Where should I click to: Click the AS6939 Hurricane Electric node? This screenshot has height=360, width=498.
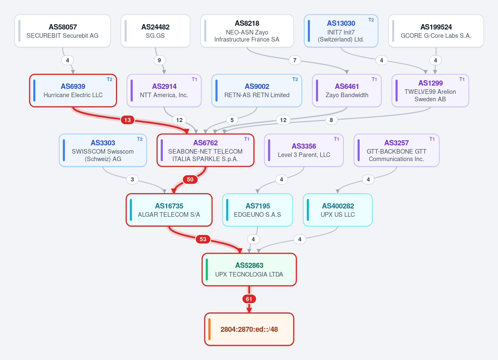click(73, 91)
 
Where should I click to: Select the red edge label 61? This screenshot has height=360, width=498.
click(249, 299)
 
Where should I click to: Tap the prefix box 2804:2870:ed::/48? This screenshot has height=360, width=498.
click(249, 329)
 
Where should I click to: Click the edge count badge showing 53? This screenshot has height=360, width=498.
click(203, 239)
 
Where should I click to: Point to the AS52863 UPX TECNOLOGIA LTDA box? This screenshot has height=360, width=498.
click(249, 269)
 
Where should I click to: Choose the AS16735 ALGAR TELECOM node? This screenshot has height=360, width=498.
click(169, 210)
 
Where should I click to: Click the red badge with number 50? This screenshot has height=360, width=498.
click(190, 179)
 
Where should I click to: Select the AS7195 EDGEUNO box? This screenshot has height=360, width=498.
click(258, 210)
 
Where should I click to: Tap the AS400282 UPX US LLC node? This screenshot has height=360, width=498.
click(338, 210)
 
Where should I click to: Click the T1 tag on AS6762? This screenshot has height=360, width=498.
click(247, 139)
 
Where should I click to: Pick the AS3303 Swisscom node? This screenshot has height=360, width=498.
click(103, 150)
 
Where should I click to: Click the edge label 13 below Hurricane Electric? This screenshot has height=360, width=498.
click(128, 120)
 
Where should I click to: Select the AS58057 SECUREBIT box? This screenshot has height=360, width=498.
click(63, 31)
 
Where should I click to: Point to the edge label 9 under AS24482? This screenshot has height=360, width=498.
click(159, 60)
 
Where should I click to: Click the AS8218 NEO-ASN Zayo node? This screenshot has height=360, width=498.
click(247, 31)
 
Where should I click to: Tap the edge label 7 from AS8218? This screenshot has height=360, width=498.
click(295, 60)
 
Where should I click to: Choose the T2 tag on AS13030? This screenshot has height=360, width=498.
click(371, 20)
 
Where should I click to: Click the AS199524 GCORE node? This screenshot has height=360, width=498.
click(436, 31)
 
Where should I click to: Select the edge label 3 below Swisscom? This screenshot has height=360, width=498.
click(132, 179)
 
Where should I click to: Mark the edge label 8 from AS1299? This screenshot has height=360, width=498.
click(331, 120)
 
